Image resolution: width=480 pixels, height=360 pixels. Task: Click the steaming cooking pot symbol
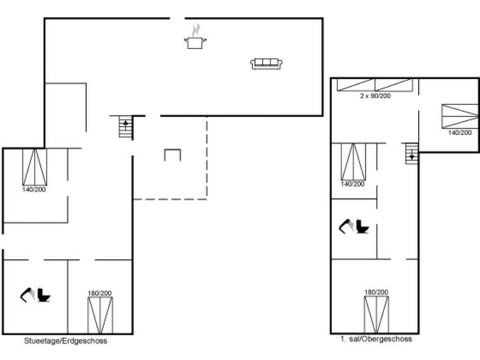[x=195, y=37]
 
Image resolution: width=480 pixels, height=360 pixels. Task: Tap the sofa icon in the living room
[x=266, y=64]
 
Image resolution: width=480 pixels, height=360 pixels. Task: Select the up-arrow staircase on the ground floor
[x=125, y=127]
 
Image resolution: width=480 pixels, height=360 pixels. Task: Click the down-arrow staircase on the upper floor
[x=412, y=153]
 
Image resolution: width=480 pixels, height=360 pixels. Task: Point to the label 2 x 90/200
[x=375, y=96]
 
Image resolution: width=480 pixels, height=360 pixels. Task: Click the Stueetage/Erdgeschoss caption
[x=65, y=341]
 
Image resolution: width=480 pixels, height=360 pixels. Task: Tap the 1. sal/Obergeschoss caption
[x=376, y=339]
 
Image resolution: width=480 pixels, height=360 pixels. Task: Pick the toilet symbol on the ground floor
[x=44, y=294]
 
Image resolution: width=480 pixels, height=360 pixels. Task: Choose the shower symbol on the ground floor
[x=27, y=295]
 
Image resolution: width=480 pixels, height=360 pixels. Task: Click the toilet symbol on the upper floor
[x=362, y=226]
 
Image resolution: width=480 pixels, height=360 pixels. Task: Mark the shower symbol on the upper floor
[x=346, y=226]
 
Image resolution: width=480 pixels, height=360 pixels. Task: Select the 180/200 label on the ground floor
[x=99, y=293]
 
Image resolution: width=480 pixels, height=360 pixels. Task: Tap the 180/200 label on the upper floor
[x=376, y=293]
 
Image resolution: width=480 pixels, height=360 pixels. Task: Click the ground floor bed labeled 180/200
[x=100, y=315]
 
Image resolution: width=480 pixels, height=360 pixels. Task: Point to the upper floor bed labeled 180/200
[x=376, y=314]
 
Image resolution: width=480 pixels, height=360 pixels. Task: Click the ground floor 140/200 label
[x=34, y=190]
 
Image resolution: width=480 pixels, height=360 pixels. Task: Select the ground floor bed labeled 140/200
[x=34, y=167]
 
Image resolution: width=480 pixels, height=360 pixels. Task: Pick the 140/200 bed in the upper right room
[x=460, y=116]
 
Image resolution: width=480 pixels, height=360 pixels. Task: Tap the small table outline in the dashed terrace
[x=173, y=155]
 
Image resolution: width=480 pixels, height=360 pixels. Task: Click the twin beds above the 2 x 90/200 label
[x=374, y=85]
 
